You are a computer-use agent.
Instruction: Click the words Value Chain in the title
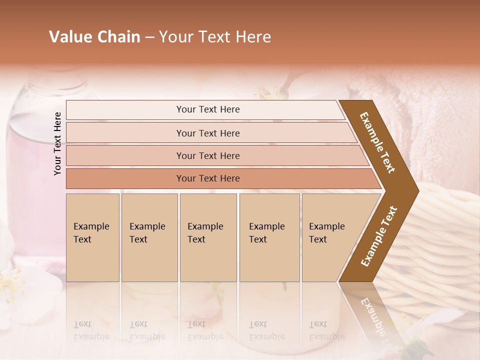coord(94,37)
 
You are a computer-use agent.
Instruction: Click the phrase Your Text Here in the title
coord(215,37)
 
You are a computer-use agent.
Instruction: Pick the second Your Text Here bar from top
coord(207,133)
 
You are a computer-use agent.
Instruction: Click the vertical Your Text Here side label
coord(57,143)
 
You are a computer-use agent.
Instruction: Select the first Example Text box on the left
coord(92,237)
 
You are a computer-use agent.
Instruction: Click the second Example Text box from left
coord(149,237)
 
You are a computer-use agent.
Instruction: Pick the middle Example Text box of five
coord(208,237)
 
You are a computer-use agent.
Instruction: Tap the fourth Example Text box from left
coord(269,237)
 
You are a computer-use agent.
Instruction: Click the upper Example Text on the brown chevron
coord(377,142)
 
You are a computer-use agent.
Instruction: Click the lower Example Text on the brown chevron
coord(379,236)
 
